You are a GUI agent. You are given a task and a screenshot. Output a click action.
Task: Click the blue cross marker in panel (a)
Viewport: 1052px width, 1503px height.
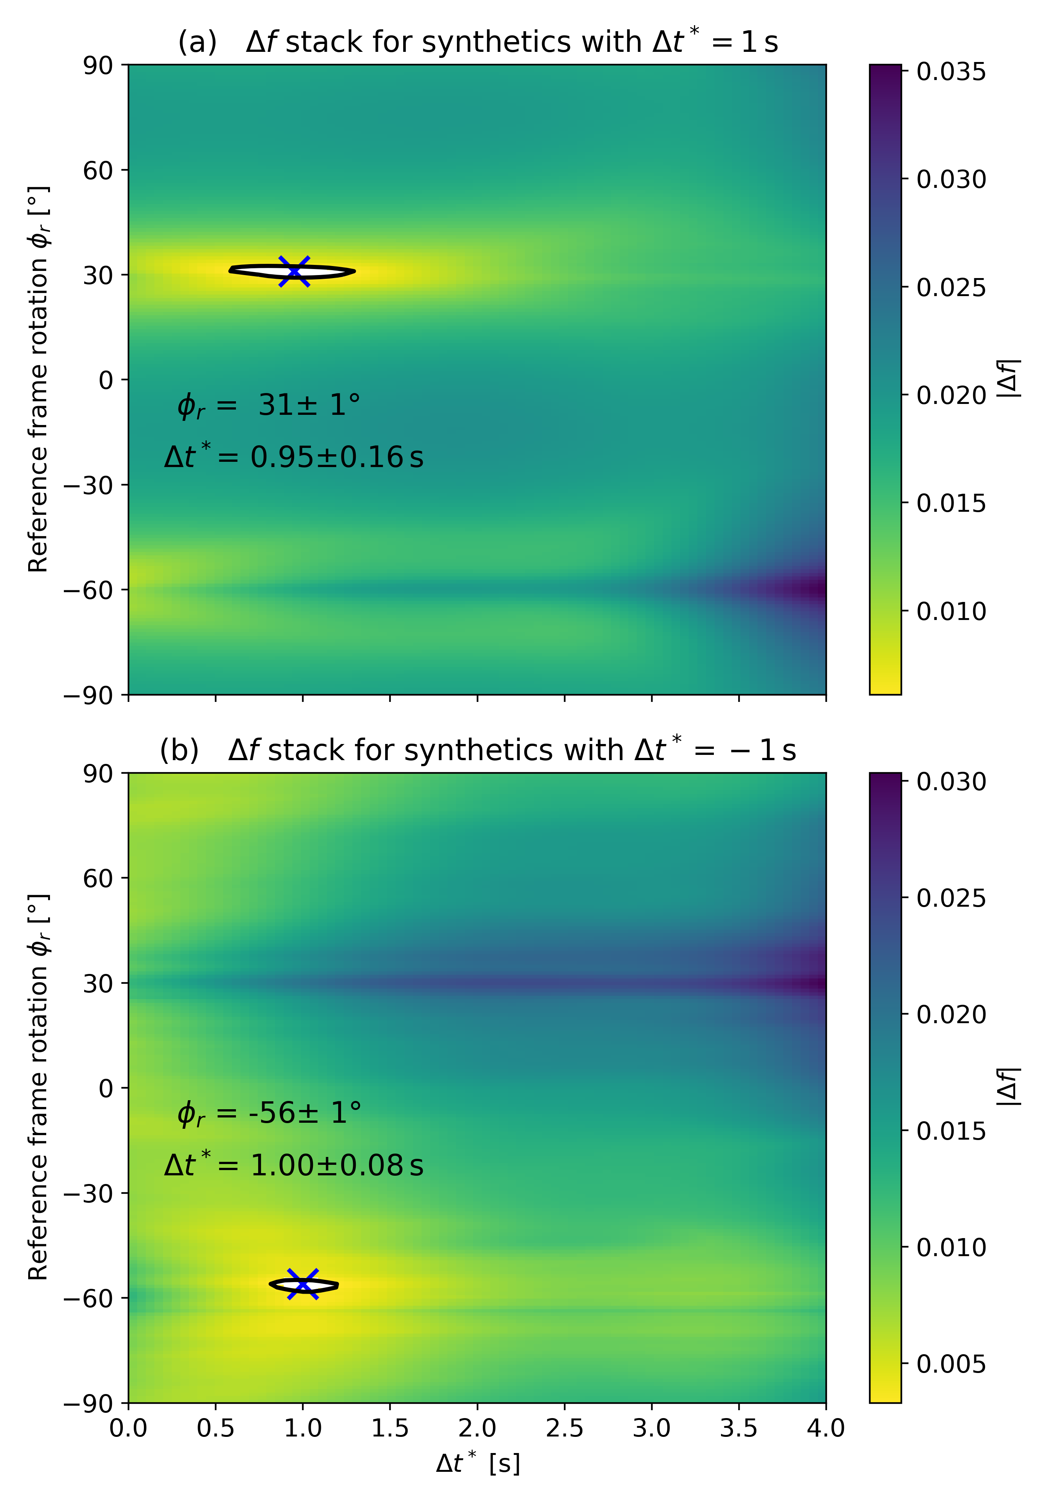pyautogui.click(x=294, y=271)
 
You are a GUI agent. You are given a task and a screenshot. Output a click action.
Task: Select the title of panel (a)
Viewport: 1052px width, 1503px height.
pyautogui.click(x=478, y=42)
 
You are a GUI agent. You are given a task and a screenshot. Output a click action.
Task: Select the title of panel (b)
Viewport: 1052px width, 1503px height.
pyautogui.click(x=478, y=750)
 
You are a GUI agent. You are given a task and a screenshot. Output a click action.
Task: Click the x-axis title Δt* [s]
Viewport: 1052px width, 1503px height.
pyautogui.click(x=478, y=1463)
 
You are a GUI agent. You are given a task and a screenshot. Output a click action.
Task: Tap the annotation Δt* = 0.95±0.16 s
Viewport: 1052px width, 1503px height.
pyautogui.click(x=294, y=456)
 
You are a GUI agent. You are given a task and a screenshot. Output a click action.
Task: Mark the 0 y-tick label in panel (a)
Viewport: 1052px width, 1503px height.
pyautogui.click(x=106, y=380)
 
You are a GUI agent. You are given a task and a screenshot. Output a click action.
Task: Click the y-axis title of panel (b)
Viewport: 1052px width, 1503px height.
pyautogui.click(x=38, y=1087)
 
